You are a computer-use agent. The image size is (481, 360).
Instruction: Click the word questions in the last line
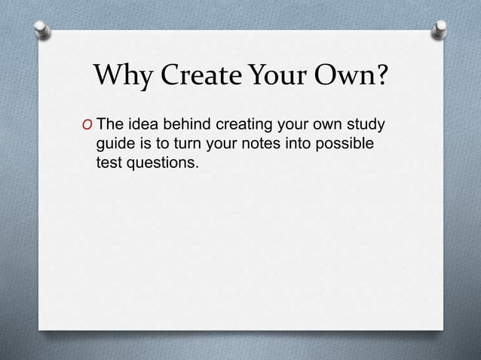coord(164,162)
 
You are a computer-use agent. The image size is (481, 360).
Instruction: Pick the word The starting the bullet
coord(110,124)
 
